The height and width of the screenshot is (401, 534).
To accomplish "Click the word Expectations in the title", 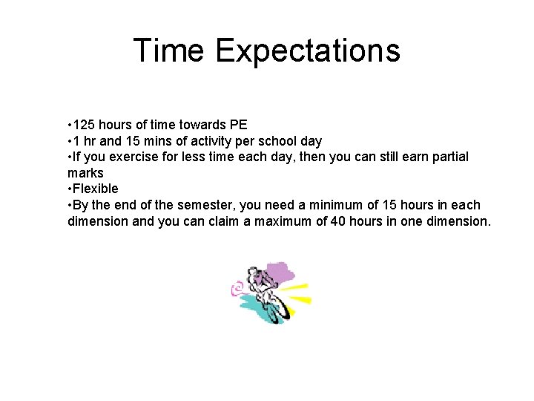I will point(308,50).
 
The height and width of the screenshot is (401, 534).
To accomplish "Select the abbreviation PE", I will point(239,124).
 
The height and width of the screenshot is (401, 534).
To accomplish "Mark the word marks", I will point(85,173).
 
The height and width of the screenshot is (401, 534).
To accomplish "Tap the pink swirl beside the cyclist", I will point(238,287).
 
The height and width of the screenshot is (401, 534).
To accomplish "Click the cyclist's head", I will point(254,273).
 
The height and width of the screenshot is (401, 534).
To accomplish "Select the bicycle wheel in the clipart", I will point(273,312).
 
